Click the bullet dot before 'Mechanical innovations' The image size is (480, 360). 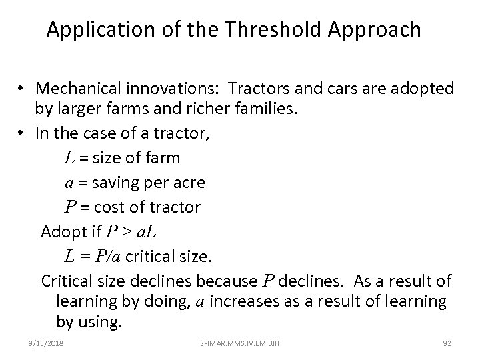click(x=23, y=89)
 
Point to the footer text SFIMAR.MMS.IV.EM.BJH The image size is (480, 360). click(x=239, y=343)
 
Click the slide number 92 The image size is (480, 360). click(x=447, y=343)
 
